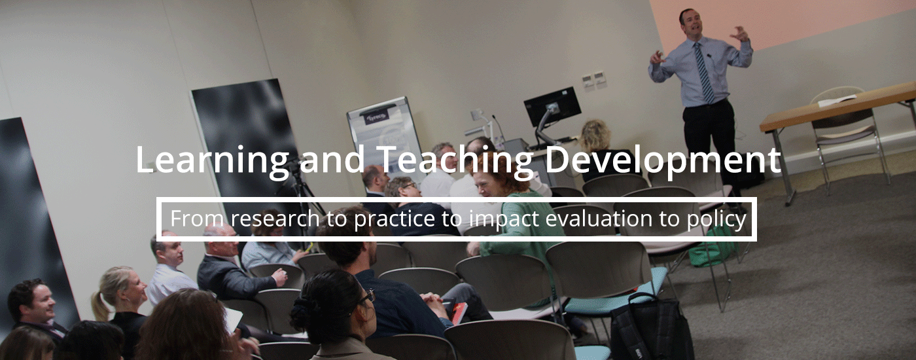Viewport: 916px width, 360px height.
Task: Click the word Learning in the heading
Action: tap(212, 160)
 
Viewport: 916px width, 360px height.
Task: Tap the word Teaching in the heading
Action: tap(455, 160)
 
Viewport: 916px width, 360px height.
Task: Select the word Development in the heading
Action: tap(663, 160)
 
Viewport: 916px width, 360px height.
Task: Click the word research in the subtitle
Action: tap(275, 219)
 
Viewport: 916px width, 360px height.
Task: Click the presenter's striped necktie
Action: tap(703, 73)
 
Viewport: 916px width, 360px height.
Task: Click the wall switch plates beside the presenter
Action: tap(594, 79)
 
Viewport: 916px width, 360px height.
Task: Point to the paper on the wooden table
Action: tap(836, 100)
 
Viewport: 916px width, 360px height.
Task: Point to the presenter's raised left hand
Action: tap(740, 33)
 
